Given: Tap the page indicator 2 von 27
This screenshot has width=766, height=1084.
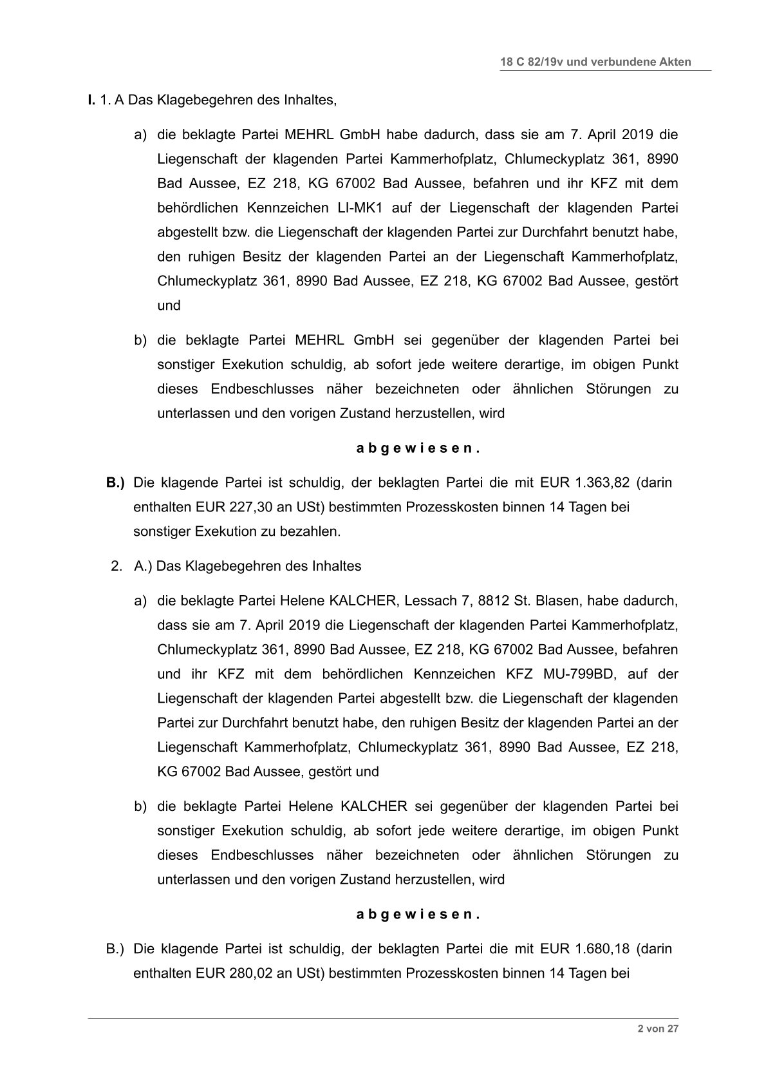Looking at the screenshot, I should point(658,1029).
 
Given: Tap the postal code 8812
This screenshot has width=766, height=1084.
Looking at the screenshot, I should point(493,601).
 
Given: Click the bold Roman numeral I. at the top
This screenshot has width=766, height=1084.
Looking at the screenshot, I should point(91,100).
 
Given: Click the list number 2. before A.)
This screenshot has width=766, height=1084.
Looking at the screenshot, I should point(117,566).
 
